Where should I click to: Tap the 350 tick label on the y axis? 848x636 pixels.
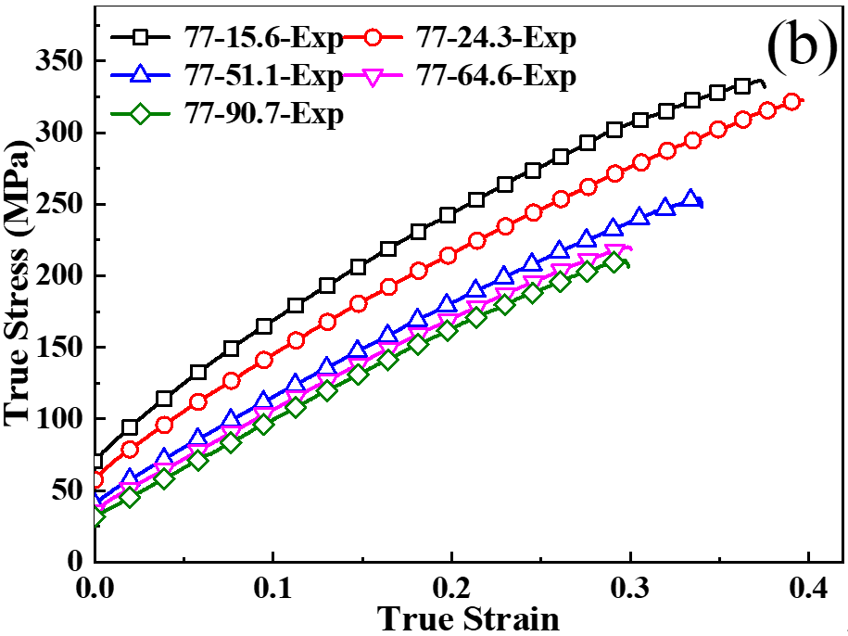pyautogui.click(x=57, y=61)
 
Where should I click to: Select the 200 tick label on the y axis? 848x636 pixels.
pyautogui.click(x=57, y=276)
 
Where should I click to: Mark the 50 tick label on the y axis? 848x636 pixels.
pyautogui.click(x=65, y=490)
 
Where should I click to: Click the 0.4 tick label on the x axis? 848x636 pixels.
pyautogui.click(x=807, y=588)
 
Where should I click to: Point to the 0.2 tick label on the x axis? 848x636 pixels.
pyautogui.click(x=450, y=588)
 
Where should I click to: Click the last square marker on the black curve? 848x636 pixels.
pyautogui.click(x=742, y=86)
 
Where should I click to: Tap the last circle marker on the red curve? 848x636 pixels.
pyautogui.click(x=791, y=102)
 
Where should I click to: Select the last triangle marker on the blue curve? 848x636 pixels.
pyautogui.click(x=690, y=198)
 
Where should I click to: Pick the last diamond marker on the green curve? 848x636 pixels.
pyautogui.click(x=614, y=262)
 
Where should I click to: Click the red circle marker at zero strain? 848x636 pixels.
pyautogui.click(x=95, y=480)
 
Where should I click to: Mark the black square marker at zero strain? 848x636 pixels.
pyautogui.click(x=95, y=461)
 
